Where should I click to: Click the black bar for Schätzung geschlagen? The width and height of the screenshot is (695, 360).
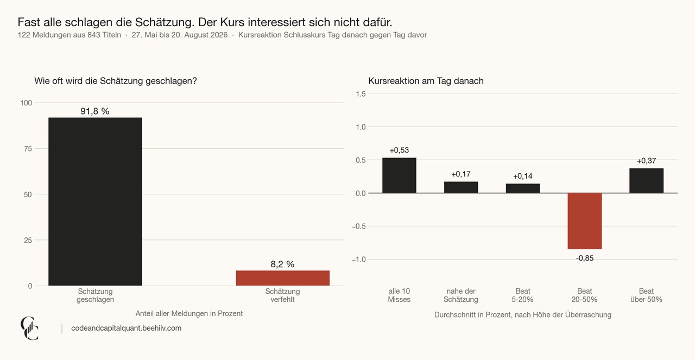pos(95,201)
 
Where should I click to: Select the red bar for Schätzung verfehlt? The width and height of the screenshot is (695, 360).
pos(283,278)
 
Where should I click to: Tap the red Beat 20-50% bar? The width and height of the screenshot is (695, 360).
pos(585,221)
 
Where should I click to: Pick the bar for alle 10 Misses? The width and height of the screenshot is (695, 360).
pos(399,175)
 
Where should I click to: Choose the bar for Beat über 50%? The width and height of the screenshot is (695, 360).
pos(646,181)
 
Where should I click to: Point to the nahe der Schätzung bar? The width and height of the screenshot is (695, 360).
pos(461,187)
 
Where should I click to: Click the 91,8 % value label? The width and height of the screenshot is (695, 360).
pos(95,111)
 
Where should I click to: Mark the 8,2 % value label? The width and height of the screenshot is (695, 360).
pos(282,264)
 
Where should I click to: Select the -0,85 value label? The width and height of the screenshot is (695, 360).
pos(585,258)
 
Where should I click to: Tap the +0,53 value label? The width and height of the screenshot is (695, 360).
pos(399,150)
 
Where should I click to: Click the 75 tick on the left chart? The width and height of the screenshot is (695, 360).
pos(28,149)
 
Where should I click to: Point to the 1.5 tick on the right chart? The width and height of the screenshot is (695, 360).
pos(361,94)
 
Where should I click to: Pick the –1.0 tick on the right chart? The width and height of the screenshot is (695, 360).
pos(359,260)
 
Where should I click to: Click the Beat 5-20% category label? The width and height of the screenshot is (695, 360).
pos(523,295)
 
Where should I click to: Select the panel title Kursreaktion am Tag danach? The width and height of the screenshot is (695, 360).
pos(426,81)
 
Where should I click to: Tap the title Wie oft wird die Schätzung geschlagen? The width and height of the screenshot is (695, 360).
pos(116,81)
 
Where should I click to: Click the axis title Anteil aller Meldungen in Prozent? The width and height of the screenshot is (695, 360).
pos(189,313)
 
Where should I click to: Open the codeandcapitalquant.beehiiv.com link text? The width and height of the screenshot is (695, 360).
pos(127,328)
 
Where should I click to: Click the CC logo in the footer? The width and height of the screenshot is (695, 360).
pos(29,329)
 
